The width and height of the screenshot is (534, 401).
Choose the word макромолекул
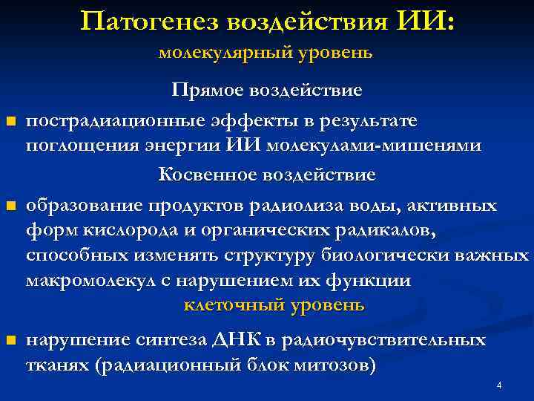point(92,281)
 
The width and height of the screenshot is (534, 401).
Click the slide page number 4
point(499,385)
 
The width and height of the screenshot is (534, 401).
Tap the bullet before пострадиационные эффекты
point(10,121)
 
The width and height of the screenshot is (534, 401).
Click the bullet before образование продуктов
point(10,206)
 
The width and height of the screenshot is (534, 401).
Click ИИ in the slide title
point(427,22)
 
